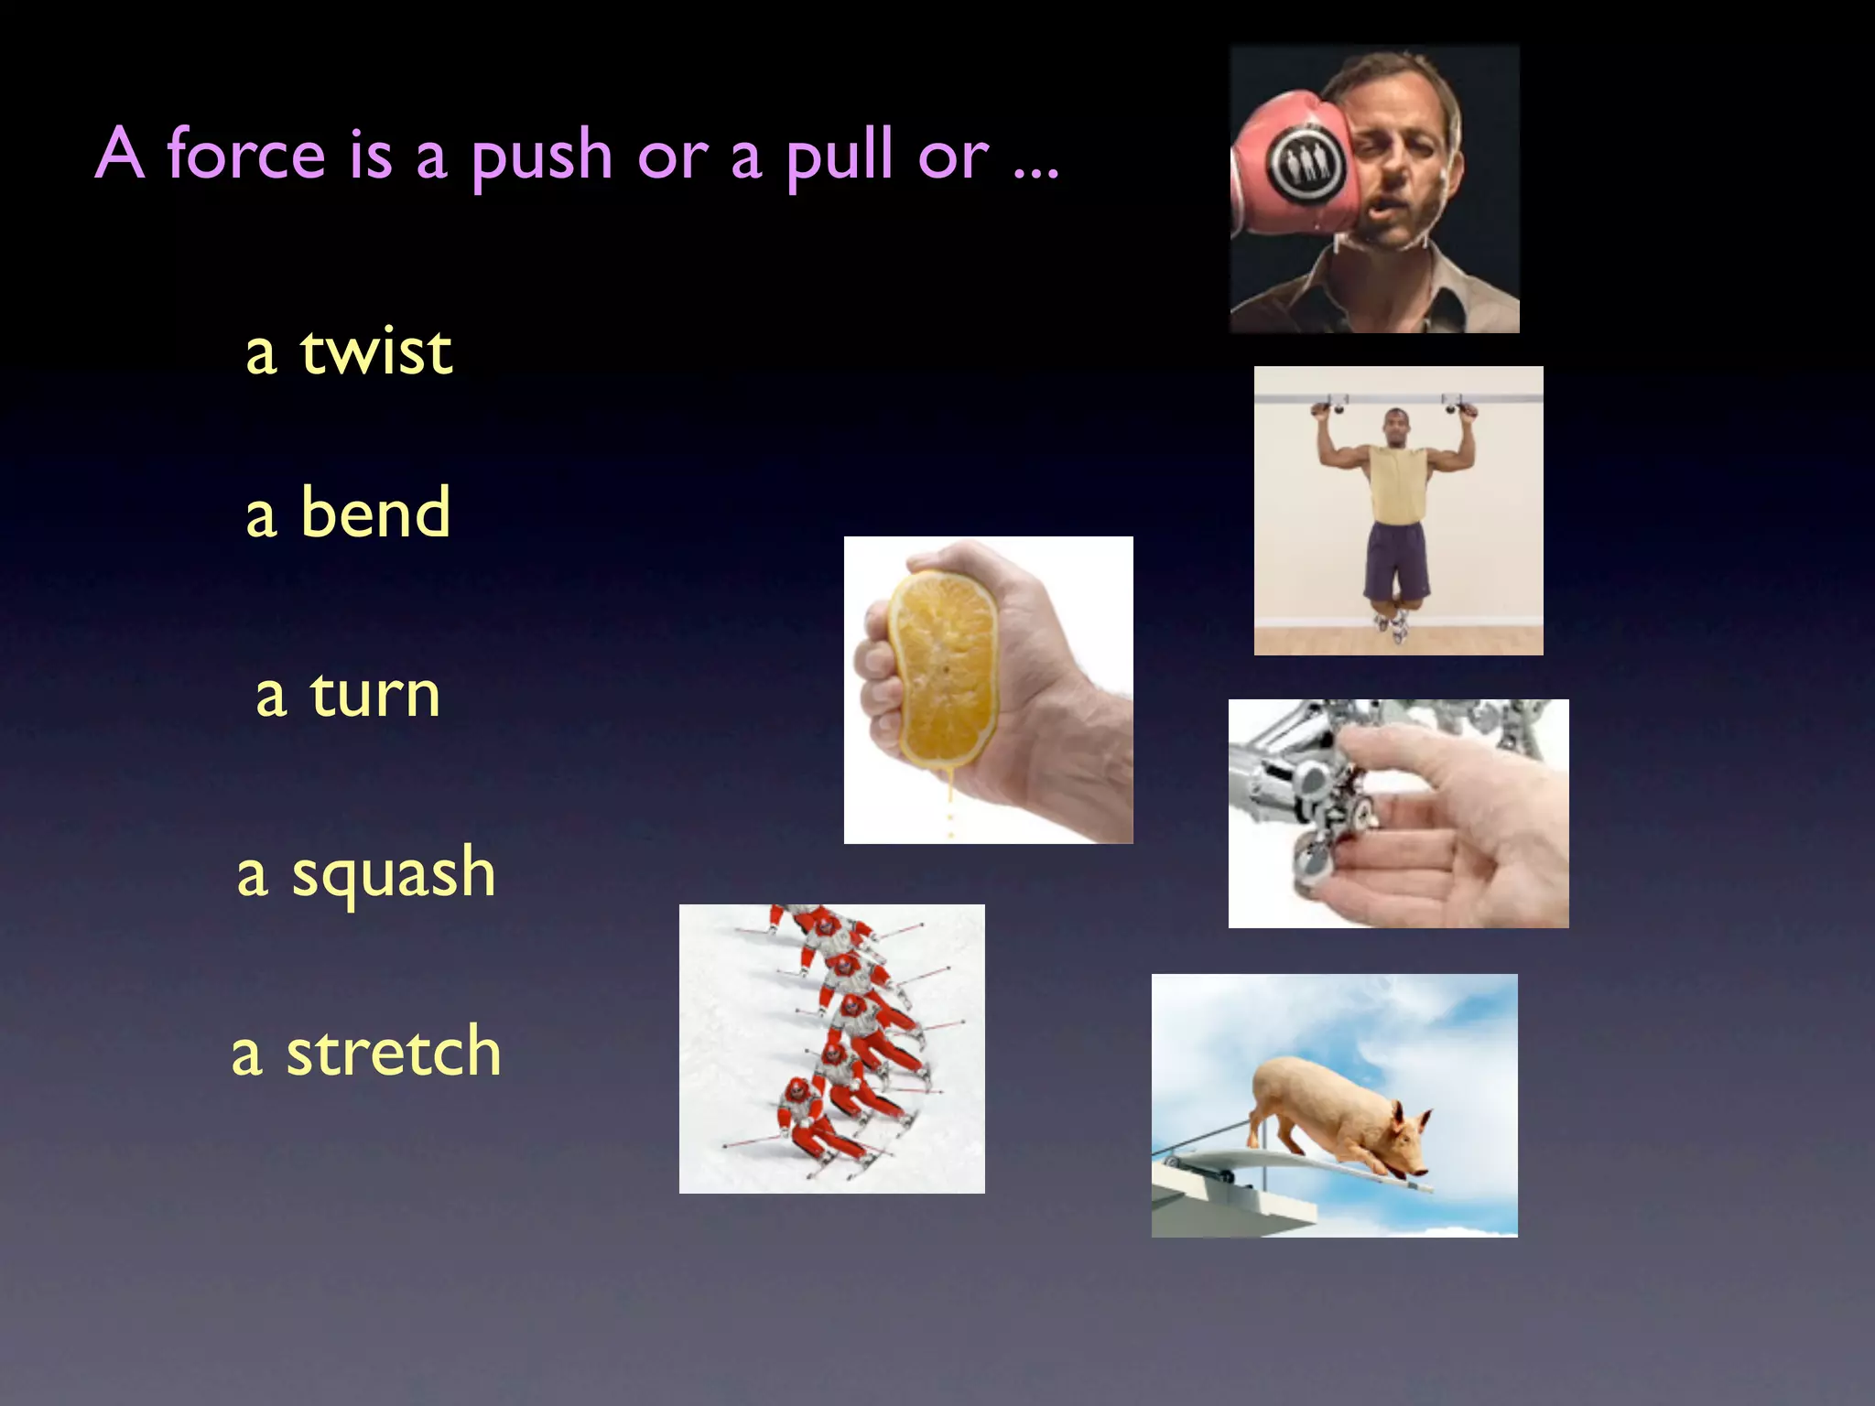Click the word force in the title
[x=245, y=154]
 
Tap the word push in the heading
[x=541, y=157]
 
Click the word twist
[x=375, y=351]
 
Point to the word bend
[x=375, y=513]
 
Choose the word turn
[x=374, y=695]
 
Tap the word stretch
[x=394, y=1052]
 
